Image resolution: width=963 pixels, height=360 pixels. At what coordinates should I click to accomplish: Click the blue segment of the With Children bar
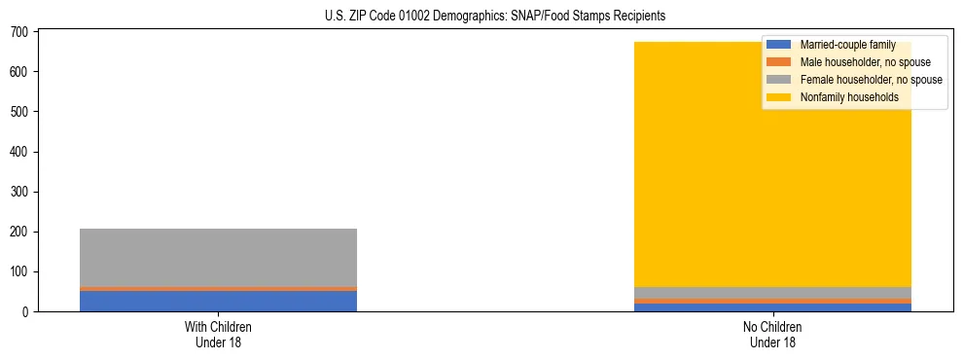click(218, 301)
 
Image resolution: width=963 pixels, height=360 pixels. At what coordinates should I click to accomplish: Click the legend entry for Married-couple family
click(846, 45)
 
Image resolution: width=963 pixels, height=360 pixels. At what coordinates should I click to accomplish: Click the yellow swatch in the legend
click(779, 97)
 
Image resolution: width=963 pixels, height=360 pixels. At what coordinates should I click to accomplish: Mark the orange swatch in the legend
click(779, 62)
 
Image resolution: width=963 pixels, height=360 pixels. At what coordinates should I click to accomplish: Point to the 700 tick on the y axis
click(20, 32)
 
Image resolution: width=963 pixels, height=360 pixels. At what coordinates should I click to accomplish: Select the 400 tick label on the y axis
click(20, 152)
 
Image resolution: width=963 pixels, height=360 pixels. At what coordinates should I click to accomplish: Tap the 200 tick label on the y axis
click(20, 232)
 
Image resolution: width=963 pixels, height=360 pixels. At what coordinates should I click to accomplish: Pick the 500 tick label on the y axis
click(20, 112)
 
